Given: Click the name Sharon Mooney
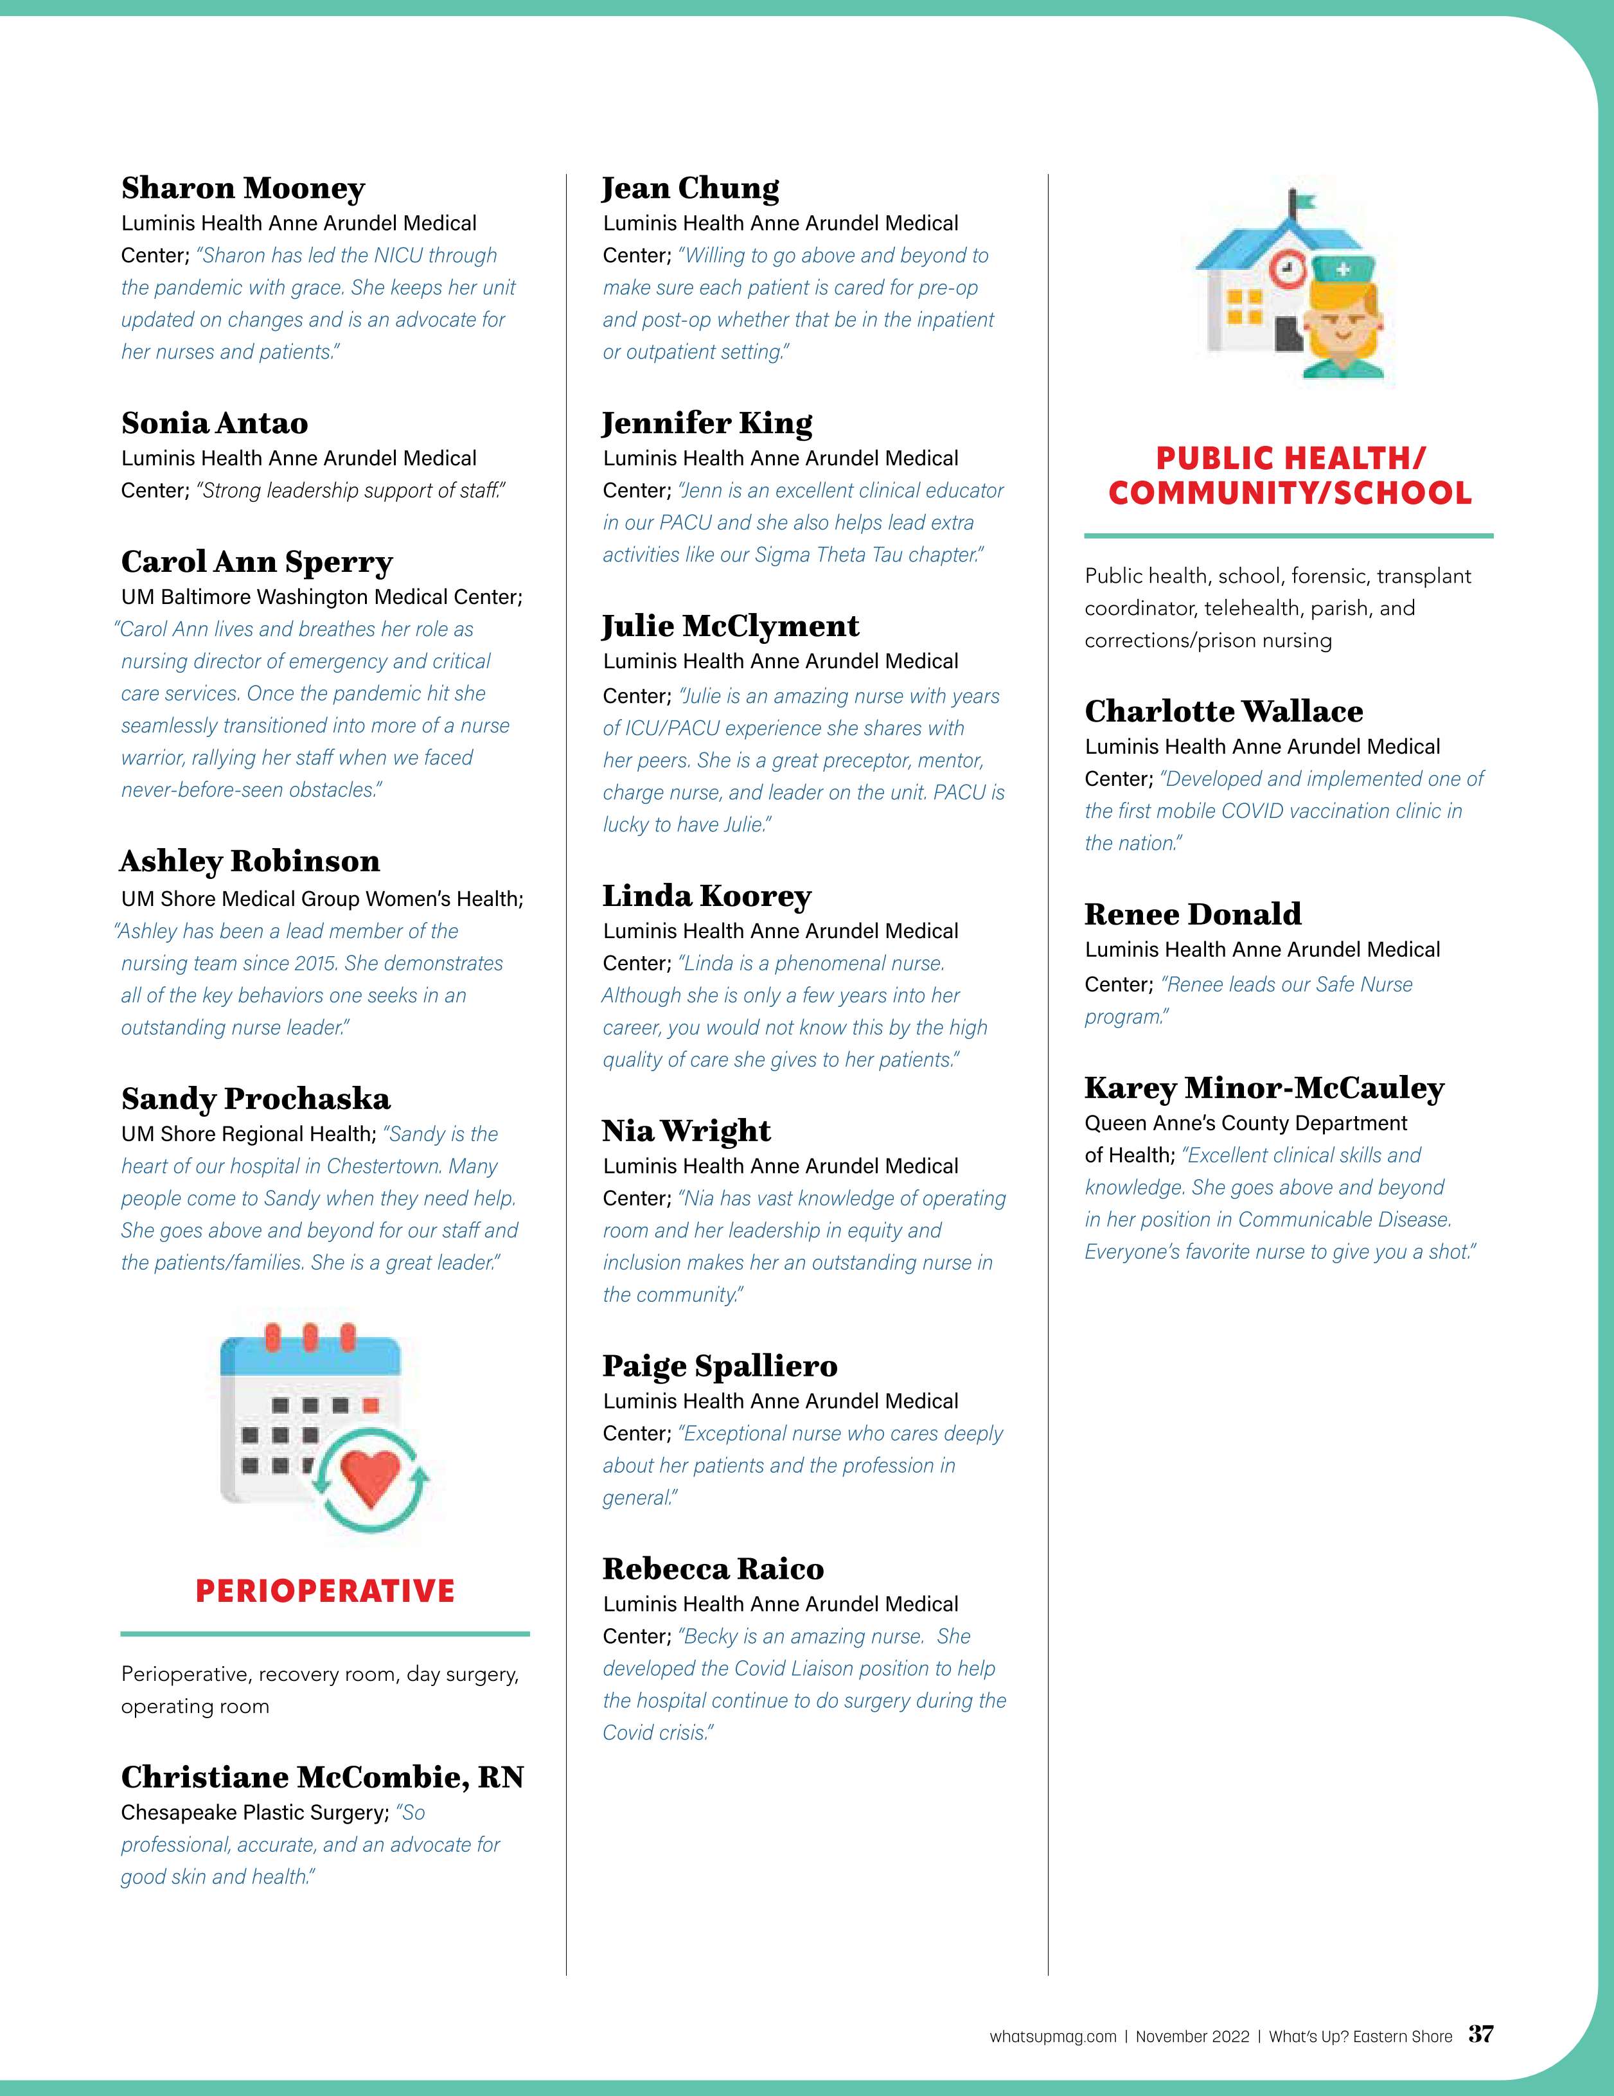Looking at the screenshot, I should coord(243,188).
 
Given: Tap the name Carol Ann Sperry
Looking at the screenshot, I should coord(257,562).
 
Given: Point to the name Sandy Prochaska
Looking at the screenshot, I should coord(255,1098).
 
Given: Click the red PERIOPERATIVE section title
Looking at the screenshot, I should coord(324,1591).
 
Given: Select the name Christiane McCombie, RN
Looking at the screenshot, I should coord(323,1777).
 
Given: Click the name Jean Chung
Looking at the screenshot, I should coord(691,188).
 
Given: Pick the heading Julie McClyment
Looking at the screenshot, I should coord(731,626).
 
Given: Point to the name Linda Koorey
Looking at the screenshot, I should coord(707,896).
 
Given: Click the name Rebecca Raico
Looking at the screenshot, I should coord(713,1568).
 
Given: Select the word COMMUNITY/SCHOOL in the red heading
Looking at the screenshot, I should coord(1289,493).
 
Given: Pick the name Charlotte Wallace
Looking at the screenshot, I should coord(1223,711).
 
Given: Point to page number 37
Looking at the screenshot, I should coord(1480,2034).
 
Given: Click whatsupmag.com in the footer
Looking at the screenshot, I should coord(1052,2036).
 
